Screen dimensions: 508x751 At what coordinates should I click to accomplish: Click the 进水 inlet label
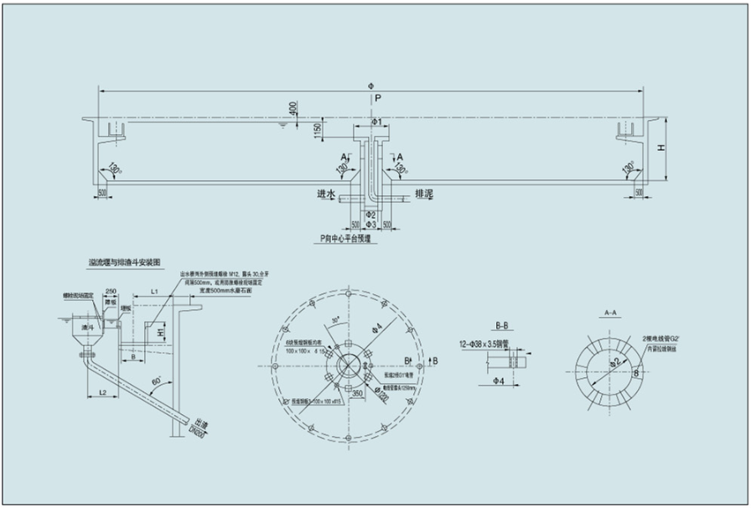[325, 194]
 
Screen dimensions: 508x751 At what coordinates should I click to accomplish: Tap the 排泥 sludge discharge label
[425, 194]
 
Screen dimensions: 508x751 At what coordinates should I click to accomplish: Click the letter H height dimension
[661, 148]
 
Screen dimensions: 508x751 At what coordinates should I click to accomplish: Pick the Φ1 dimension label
[377, 123]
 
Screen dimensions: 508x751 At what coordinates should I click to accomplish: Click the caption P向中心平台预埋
[350, 238]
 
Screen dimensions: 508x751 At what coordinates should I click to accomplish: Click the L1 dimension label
[154, 290]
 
